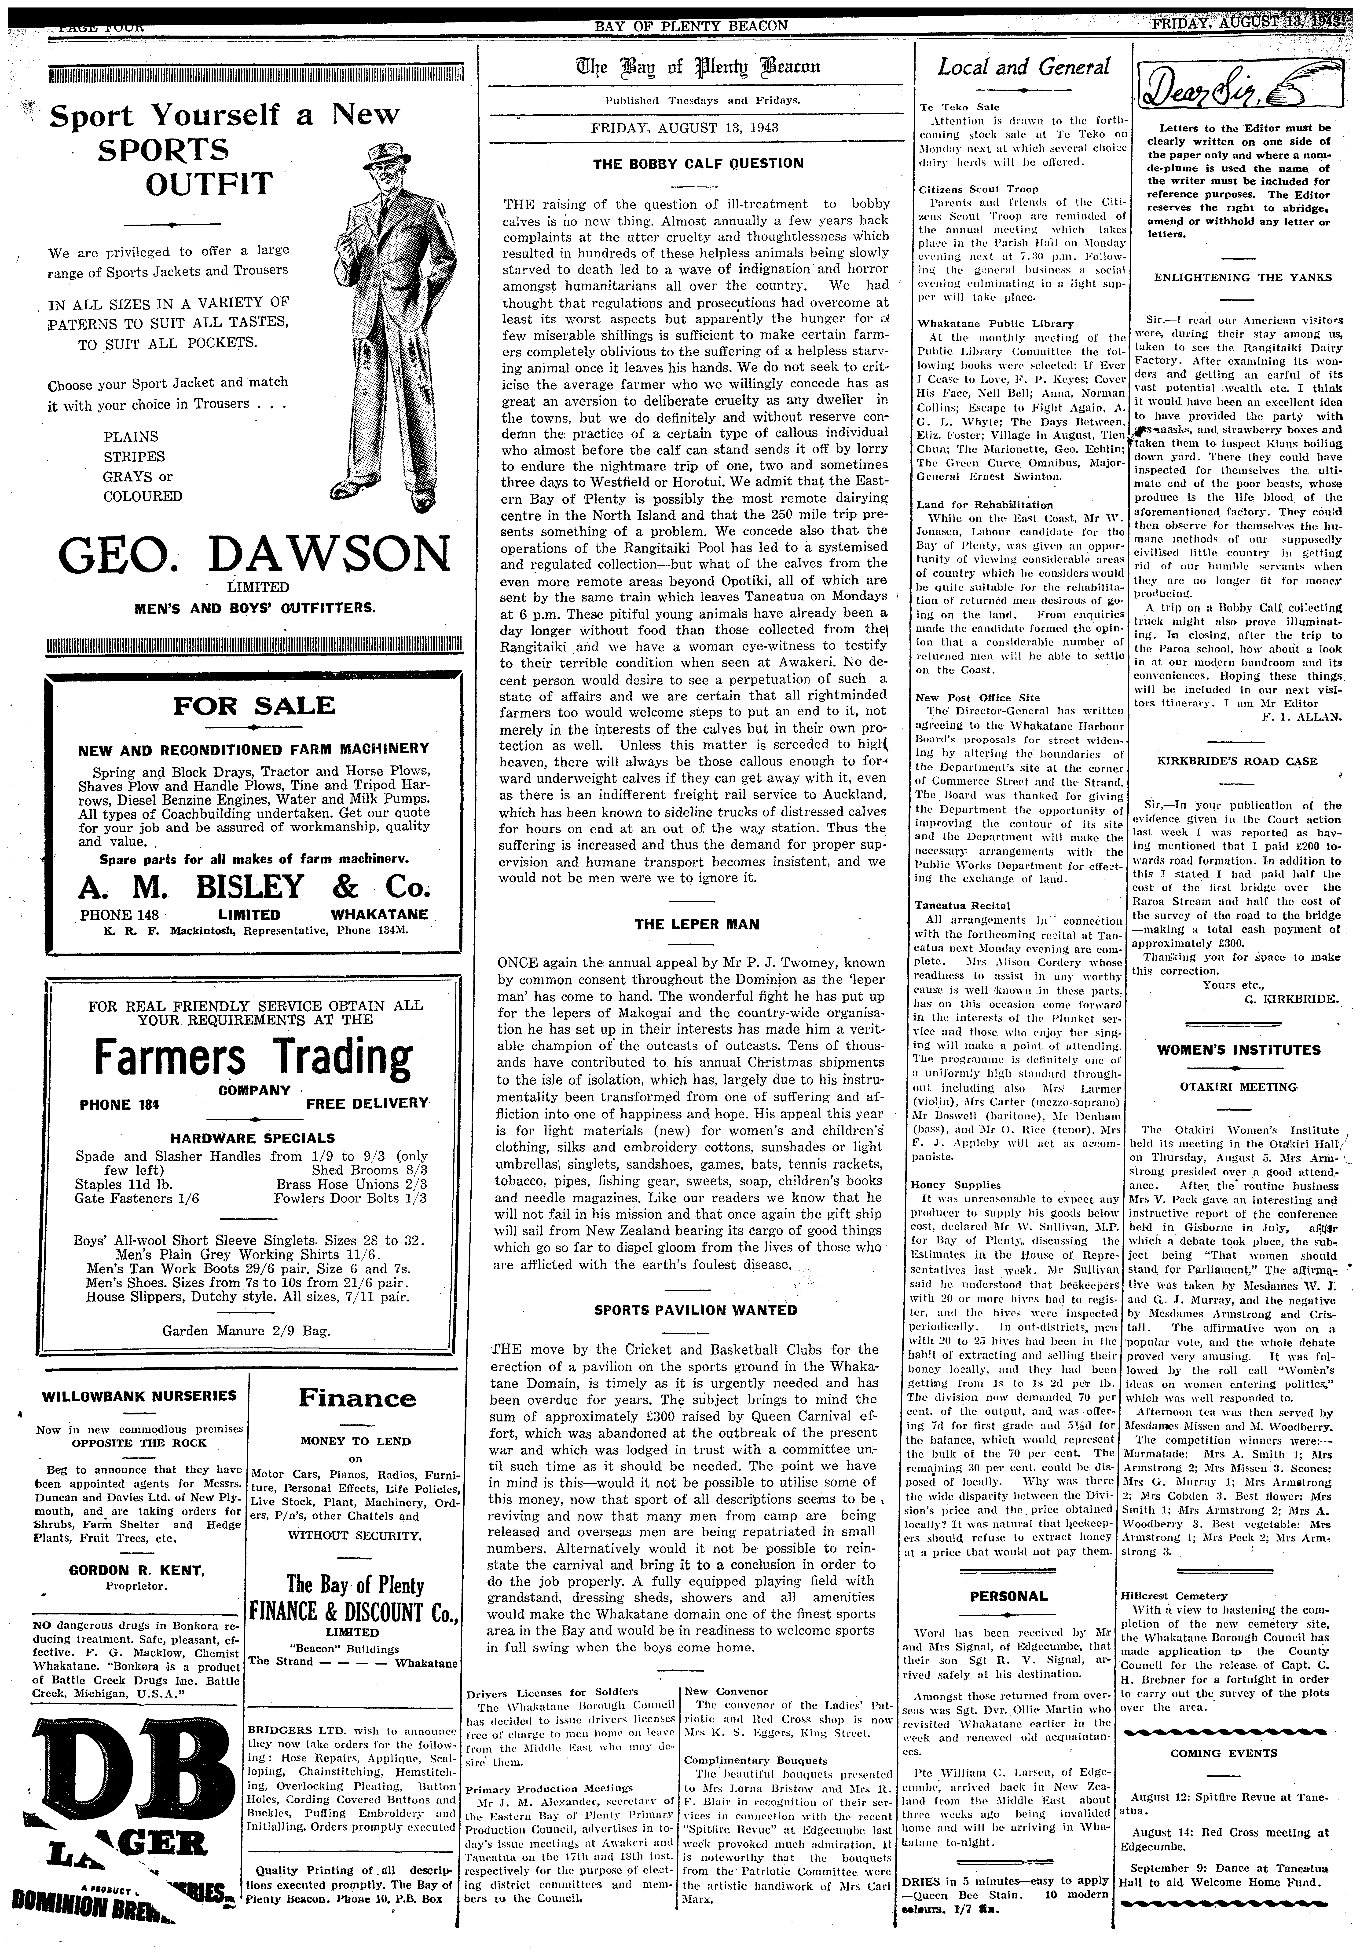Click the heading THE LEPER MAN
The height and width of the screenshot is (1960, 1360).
tap(697, 924)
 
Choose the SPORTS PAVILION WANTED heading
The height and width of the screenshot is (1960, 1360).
tap(695, 1310)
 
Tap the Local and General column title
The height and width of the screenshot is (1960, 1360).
tap(1024, 67)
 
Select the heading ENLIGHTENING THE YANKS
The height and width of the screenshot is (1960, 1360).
tap(1225, 278)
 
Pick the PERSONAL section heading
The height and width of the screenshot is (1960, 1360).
tap(1008, 1596)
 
